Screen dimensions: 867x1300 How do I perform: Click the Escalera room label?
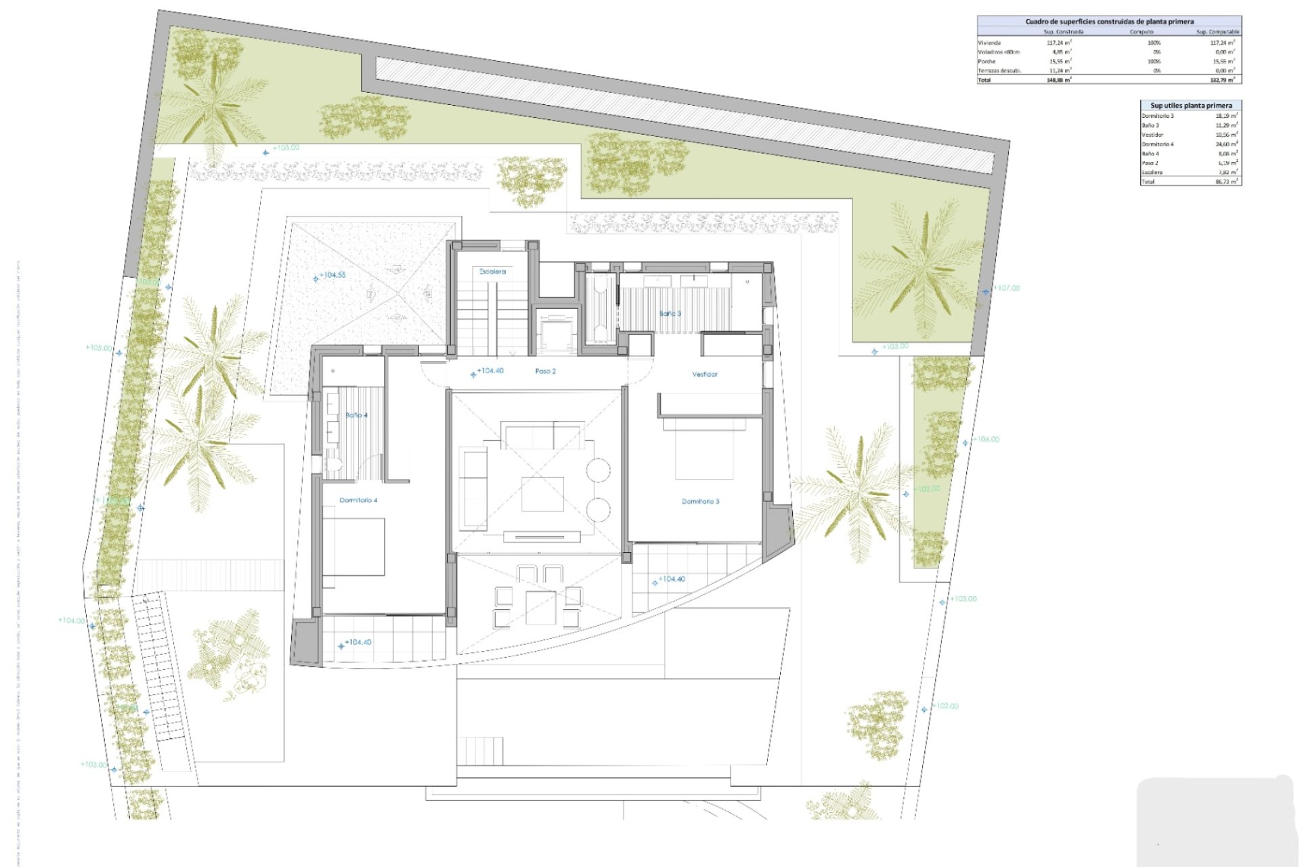pyautogui.click(x=492, y=271)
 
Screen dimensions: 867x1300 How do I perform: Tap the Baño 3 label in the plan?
pyautogui.click(x=670, y=314)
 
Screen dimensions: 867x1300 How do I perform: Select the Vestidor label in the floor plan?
pyautogui.click(x=704, y=374)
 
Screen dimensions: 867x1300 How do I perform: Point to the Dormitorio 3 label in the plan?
pyautogui.click(x=700, y=501)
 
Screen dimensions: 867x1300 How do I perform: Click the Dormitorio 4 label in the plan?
pyautogui.click(x=358, y=500)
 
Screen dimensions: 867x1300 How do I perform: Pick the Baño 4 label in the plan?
pyautogui.click(x=356, y=415)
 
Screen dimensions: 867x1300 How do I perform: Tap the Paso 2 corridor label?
pyautogui.click(x=545, y=371)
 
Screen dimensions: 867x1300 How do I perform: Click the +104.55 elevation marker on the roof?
pyautogui.click(x=332, y=275)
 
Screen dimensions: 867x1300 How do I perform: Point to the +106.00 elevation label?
pyautogui.click(x=987, y=439)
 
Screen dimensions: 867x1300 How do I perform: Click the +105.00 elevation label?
pyautogui.click(x=99, y=347)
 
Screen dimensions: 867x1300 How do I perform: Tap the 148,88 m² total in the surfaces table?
pyautogui.click(x=1058, y=80)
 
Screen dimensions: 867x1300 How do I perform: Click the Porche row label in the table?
pyautogui.click(x=987, y=61)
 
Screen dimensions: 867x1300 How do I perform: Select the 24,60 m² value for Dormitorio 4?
pyautogui.click(x=1226, y=144)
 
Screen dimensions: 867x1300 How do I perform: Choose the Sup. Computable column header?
pyautogui.click(x=1217, y=32)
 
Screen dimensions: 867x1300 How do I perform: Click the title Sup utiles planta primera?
pyautogui.click(x=1191, y=105)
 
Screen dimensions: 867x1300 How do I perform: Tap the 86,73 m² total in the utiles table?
pyautogui.click(x=1226, y=182)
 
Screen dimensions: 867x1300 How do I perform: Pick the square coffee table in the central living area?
pyautogui.click(x=542, y=494)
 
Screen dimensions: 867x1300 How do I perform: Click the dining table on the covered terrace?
pyautogui.click(x=540, y=608)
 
